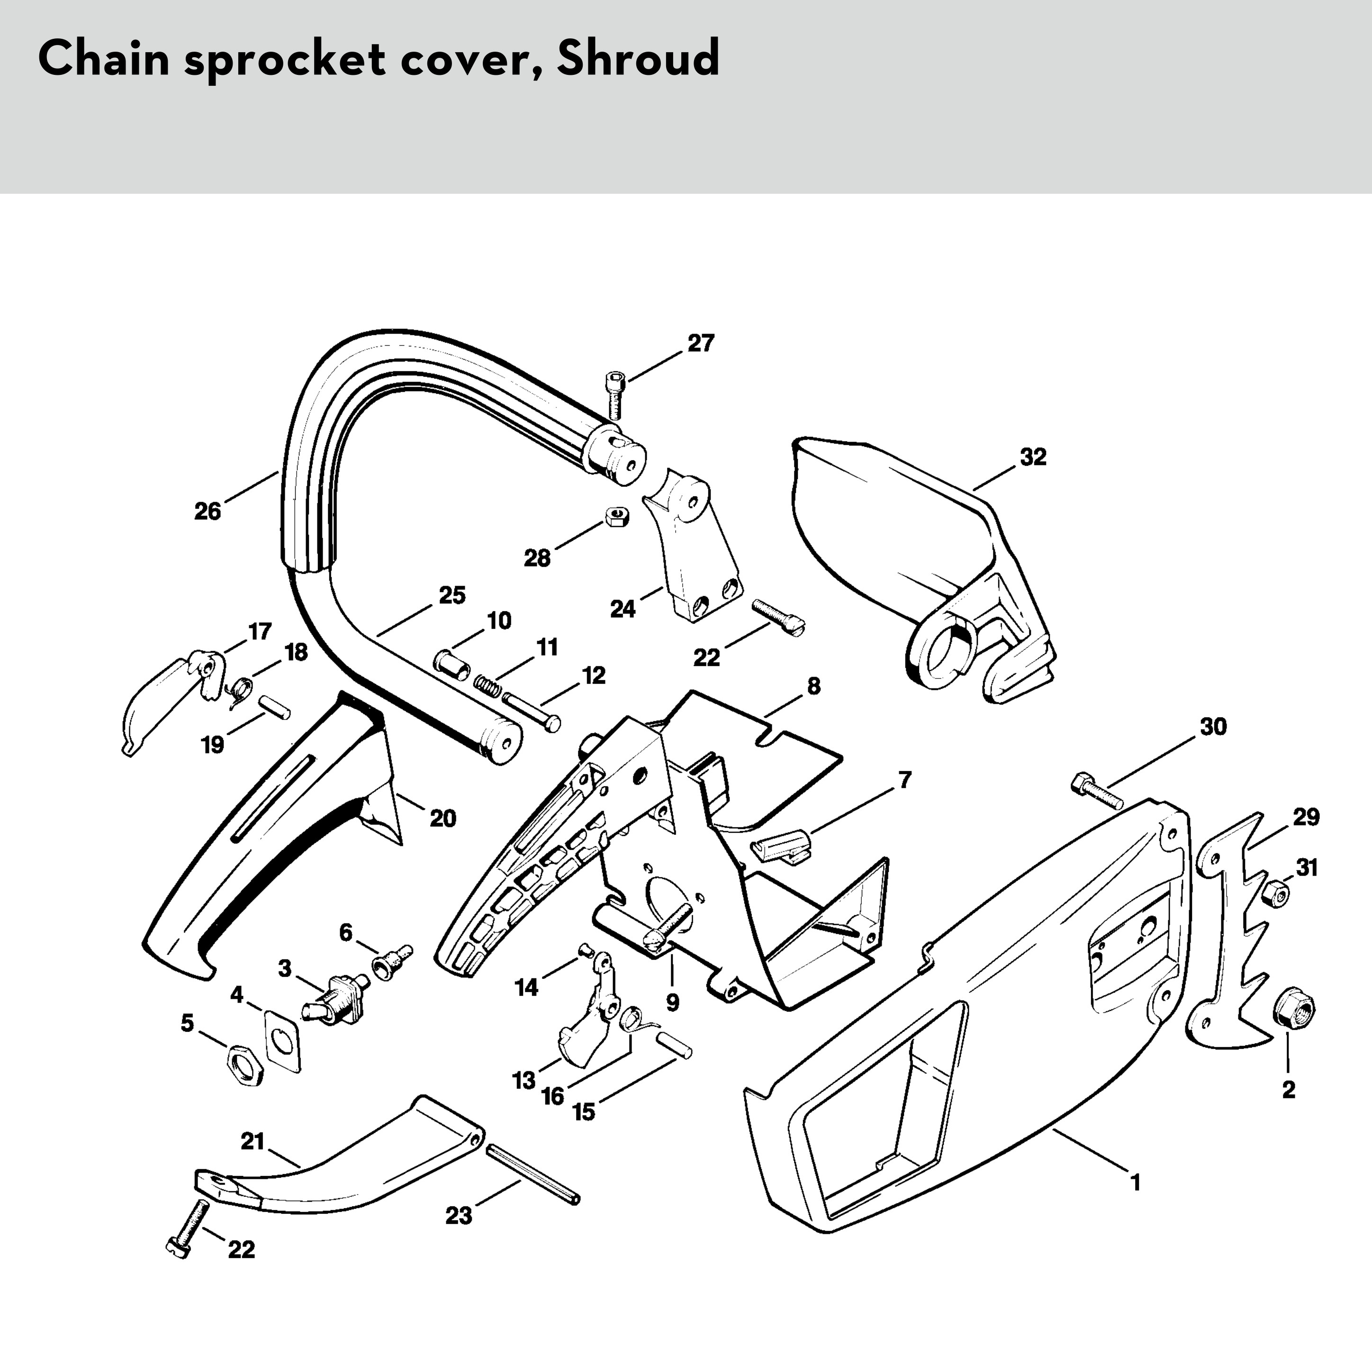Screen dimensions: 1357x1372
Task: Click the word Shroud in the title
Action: [638, 58]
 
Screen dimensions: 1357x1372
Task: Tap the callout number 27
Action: [700, 344]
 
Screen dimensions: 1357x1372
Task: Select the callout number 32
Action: [1033, 457]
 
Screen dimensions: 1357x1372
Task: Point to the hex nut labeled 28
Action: [614, 517]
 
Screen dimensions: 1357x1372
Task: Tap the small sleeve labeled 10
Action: [452, 662]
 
